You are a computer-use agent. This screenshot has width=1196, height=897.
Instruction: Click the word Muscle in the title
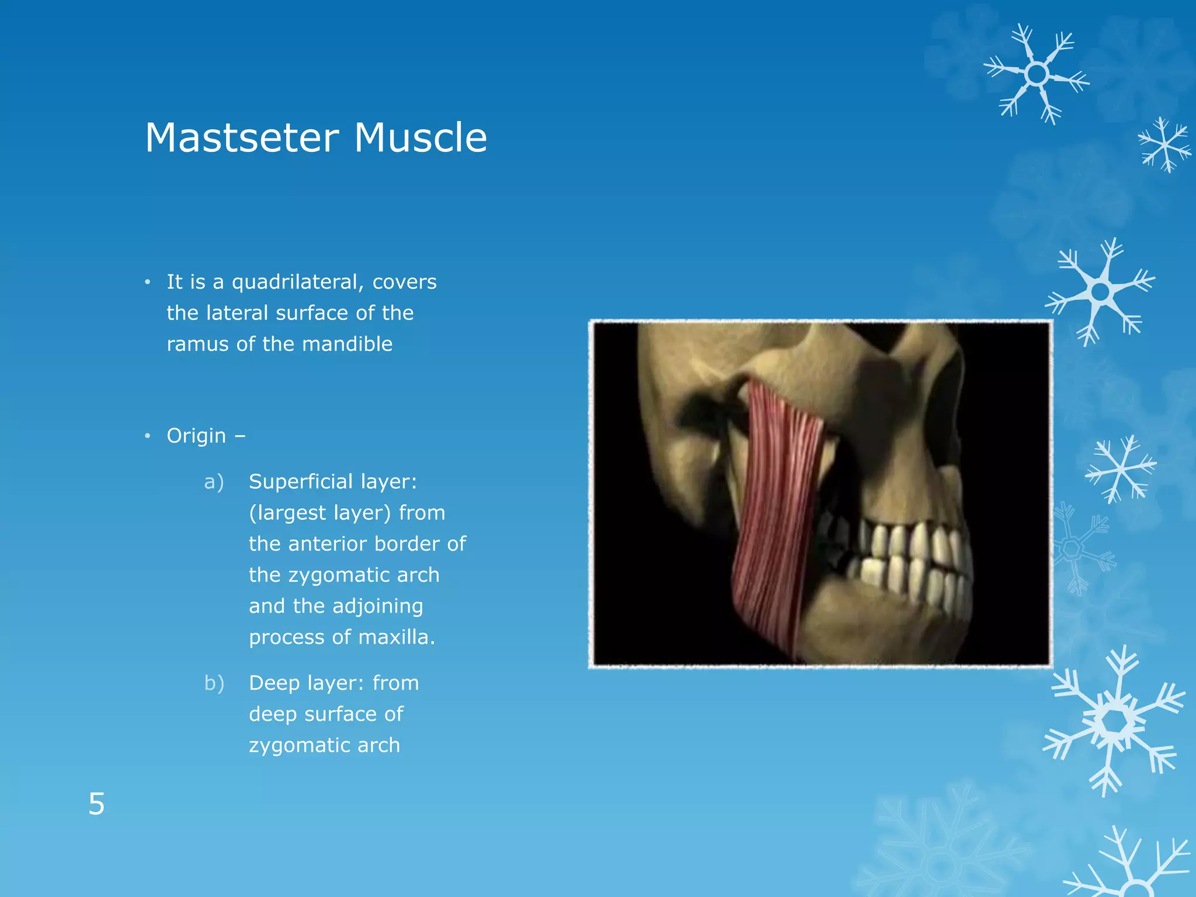point(420,138)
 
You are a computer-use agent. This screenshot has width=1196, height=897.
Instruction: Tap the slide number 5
point(96,804)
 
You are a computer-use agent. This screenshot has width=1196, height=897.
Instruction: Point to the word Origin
point(196,436)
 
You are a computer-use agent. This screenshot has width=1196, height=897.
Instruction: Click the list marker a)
point(214,482)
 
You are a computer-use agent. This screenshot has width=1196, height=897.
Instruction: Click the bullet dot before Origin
point(148,436)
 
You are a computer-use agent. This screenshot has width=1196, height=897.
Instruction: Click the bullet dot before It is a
point(148,283)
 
